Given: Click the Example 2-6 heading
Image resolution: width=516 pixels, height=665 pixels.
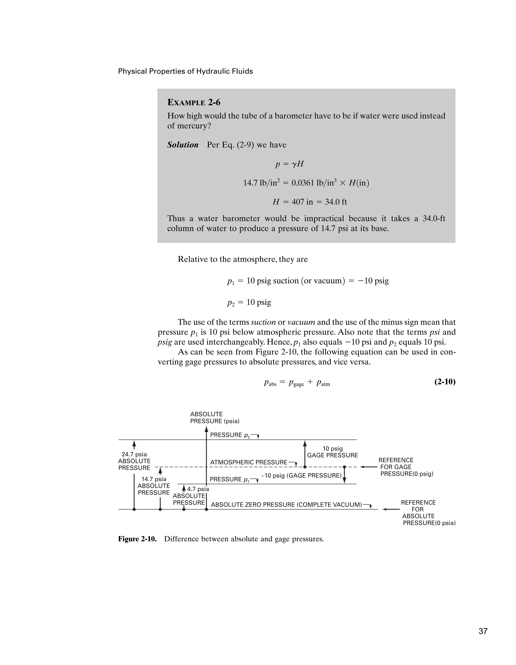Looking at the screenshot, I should (x=194, y=102).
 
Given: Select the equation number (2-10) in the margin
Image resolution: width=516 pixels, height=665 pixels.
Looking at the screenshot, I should (x=444, y=381).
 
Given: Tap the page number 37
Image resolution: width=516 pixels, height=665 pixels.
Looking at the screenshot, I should (x=483, y=631).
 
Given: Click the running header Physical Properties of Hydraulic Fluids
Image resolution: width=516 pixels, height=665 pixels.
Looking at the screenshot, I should (x=185, y=71).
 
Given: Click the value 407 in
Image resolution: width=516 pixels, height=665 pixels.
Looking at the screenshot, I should (x=302, y=202).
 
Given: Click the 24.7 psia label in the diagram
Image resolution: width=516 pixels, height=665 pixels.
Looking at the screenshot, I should (x=134, y=454).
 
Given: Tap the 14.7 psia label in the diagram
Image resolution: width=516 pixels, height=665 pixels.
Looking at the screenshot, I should (x=154, y=479).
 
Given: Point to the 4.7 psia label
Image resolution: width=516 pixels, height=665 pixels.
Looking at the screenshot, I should (x=198, y=489).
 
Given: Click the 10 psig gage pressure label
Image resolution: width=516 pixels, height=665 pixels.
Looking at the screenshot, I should (x=332, y=452).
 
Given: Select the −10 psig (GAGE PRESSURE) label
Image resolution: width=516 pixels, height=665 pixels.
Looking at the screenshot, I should (x=301, y=476).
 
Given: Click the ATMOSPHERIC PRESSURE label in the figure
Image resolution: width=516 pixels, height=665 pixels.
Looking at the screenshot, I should (x=249, y=462).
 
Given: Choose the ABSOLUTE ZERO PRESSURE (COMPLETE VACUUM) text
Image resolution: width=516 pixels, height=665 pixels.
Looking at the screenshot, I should (x=286, y=505).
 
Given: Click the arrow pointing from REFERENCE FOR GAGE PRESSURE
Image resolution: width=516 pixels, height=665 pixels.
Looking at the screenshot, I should (x=369, y=467).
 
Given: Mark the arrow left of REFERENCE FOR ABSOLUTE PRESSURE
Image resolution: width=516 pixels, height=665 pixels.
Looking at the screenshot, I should (x=391, y=509).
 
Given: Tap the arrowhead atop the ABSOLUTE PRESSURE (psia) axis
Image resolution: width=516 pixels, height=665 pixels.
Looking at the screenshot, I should (x=206, y=429).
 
